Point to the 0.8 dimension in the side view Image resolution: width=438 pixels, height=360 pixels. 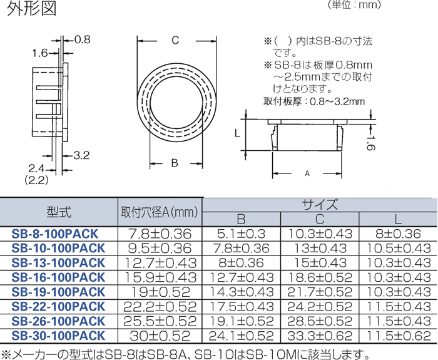pos(83,39)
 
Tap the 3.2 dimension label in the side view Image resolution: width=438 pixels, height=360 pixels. pos(83,155)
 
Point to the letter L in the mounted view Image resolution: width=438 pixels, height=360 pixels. pos(237,133)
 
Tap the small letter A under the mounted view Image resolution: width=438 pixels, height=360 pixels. pos(307,173)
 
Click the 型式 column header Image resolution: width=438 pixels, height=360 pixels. pos(59,212)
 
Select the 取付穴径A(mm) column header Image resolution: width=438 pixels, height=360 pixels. pos(160,212)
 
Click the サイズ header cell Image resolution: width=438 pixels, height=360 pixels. pos(320,204)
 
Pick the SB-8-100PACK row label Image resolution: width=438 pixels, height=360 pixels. pos(55,234)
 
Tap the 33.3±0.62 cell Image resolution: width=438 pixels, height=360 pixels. pos(320,336)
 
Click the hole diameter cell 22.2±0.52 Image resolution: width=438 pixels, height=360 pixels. pos(160,307)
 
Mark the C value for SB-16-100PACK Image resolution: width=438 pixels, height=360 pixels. pos(320,277)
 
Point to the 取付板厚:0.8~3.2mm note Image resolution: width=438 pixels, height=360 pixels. pos(313,101)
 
